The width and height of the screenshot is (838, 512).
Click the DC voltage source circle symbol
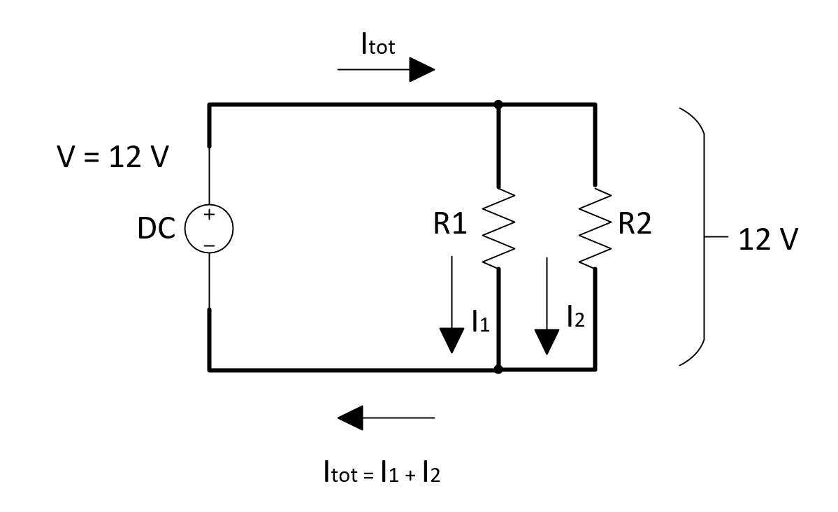[208, 229]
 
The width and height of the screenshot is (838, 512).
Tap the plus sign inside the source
[208, 217]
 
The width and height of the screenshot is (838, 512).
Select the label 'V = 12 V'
[113, 158]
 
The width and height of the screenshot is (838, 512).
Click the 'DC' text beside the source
[157, 229]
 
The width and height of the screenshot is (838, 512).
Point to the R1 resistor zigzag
[498, 227]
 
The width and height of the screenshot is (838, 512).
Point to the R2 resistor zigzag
[595, 227]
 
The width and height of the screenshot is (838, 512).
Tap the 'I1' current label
[480, 322]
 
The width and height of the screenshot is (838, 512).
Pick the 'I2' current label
[575, 319]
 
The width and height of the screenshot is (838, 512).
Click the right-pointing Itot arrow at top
[386, 70]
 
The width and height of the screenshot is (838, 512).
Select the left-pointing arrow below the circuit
[386, 418]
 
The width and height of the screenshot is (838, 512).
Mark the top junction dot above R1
[498, 105]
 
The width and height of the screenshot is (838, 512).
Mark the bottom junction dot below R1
[498, 369]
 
